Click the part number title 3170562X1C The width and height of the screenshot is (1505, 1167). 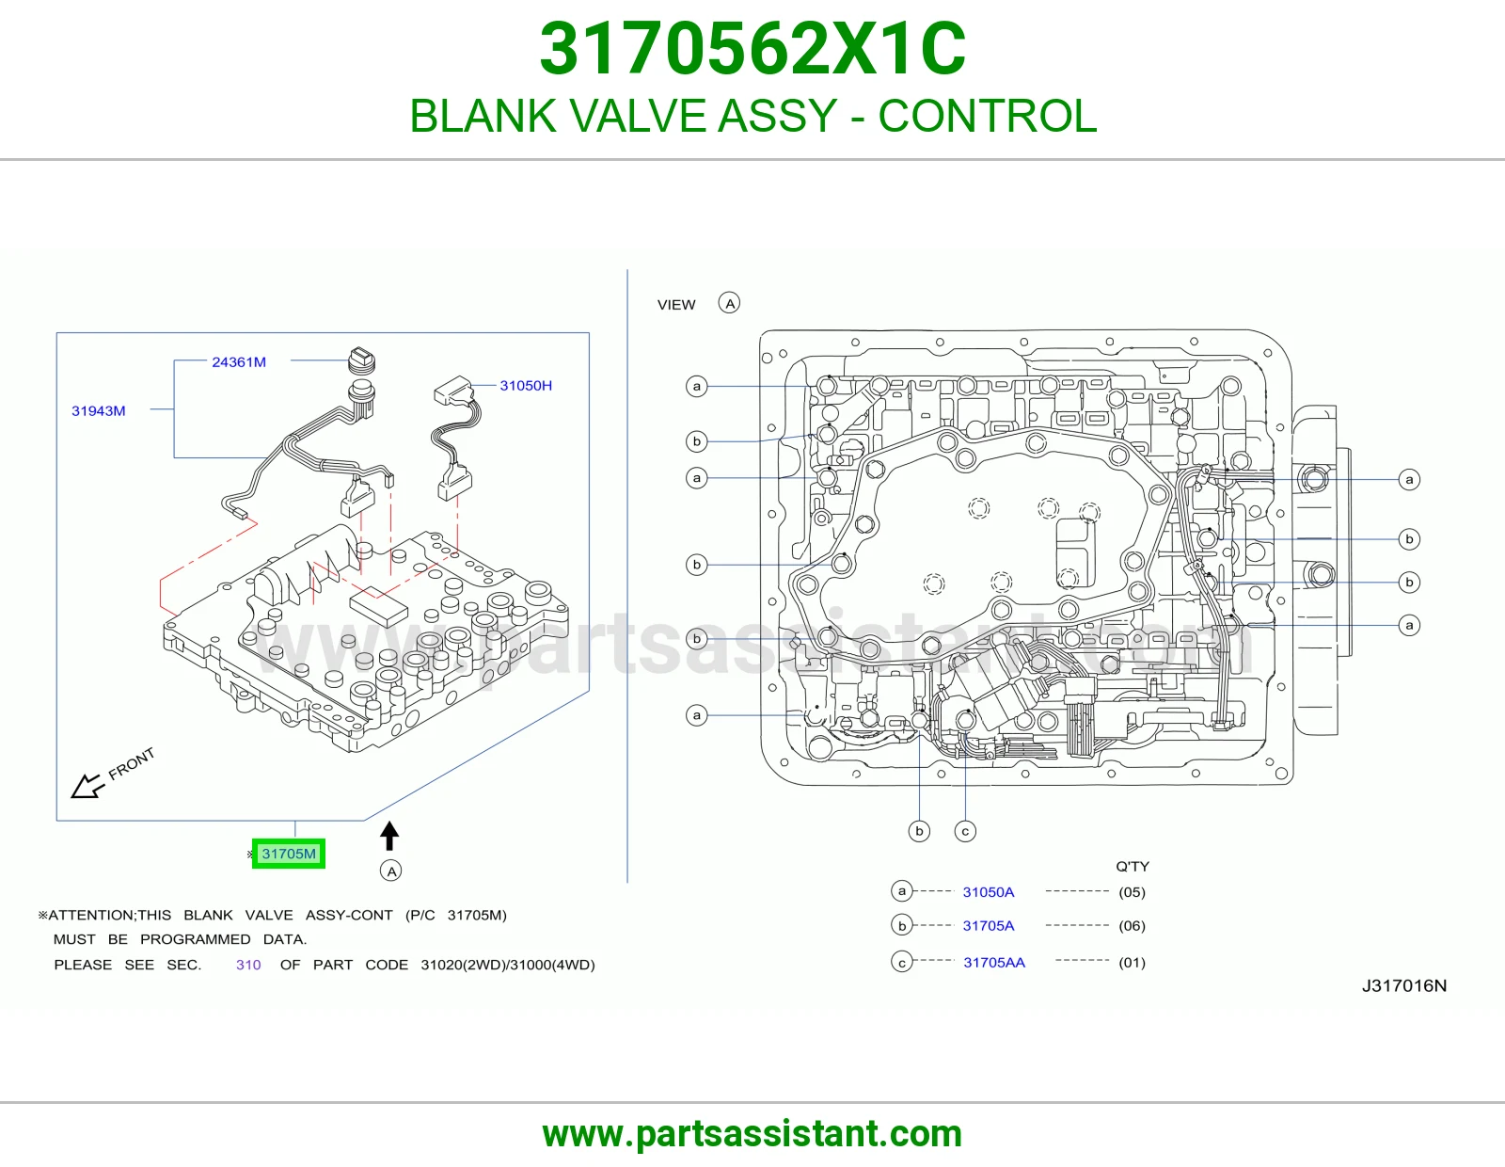[x=752, y=49]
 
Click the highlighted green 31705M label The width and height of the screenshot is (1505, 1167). [x=288, y=854]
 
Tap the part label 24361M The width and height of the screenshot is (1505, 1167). [x=239, y=361]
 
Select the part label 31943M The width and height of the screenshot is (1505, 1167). [x=99, y=411]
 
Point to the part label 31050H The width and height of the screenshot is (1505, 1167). [x=526, y=385]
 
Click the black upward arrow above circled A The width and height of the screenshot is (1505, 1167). [x=389, y=835]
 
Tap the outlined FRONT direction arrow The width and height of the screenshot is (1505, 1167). [x=87, y=787]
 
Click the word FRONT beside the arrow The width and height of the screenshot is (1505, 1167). [x=132, y=763]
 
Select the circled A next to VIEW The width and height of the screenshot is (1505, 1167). [x=729, y=304]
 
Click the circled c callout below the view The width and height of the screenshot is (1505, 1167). [x=965, y=831]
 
